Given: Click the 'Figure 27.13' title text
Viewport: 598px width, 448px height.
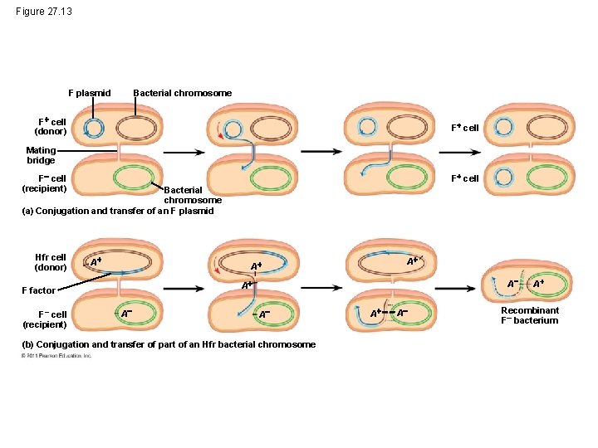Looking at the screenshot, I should point(44,11).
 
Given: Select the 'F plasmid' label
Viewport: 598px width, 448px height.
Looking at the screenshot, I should point(89,93).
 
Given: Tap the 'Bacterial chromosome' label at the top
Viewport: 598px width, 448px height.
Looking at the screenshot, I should point(183,93).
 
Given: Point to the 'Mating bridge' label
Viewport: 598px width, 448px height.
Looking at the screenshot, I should point(41,155).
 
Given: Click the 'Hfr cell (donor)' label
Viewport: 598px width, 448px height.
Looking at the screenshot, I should point(50,262).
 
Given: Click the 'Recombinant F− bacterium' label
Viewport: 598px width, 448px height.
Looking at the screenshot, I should point(529,315).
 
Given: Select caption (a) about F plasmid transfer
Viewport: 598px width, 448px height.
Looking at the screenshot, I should point(117,211).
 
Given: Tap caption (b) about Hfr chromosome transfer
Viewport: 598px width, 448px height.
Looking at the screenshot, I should point(169,344).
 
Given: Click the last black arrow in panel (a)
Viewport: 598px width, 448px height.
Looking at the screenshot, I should point(459,152).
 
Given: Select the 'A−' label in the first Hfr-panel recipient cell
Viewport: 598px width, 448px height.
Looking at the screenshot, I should point(125,314).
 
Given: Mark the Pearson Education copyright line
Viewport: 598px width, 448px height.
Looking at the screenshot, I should point(56,355).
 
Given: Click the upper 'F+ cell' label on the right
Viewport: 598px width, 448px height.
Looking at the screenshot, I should point(464,128).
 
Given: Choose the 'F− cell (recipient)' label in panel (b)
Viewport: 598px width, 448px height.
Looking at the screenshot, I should point(45,319).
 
